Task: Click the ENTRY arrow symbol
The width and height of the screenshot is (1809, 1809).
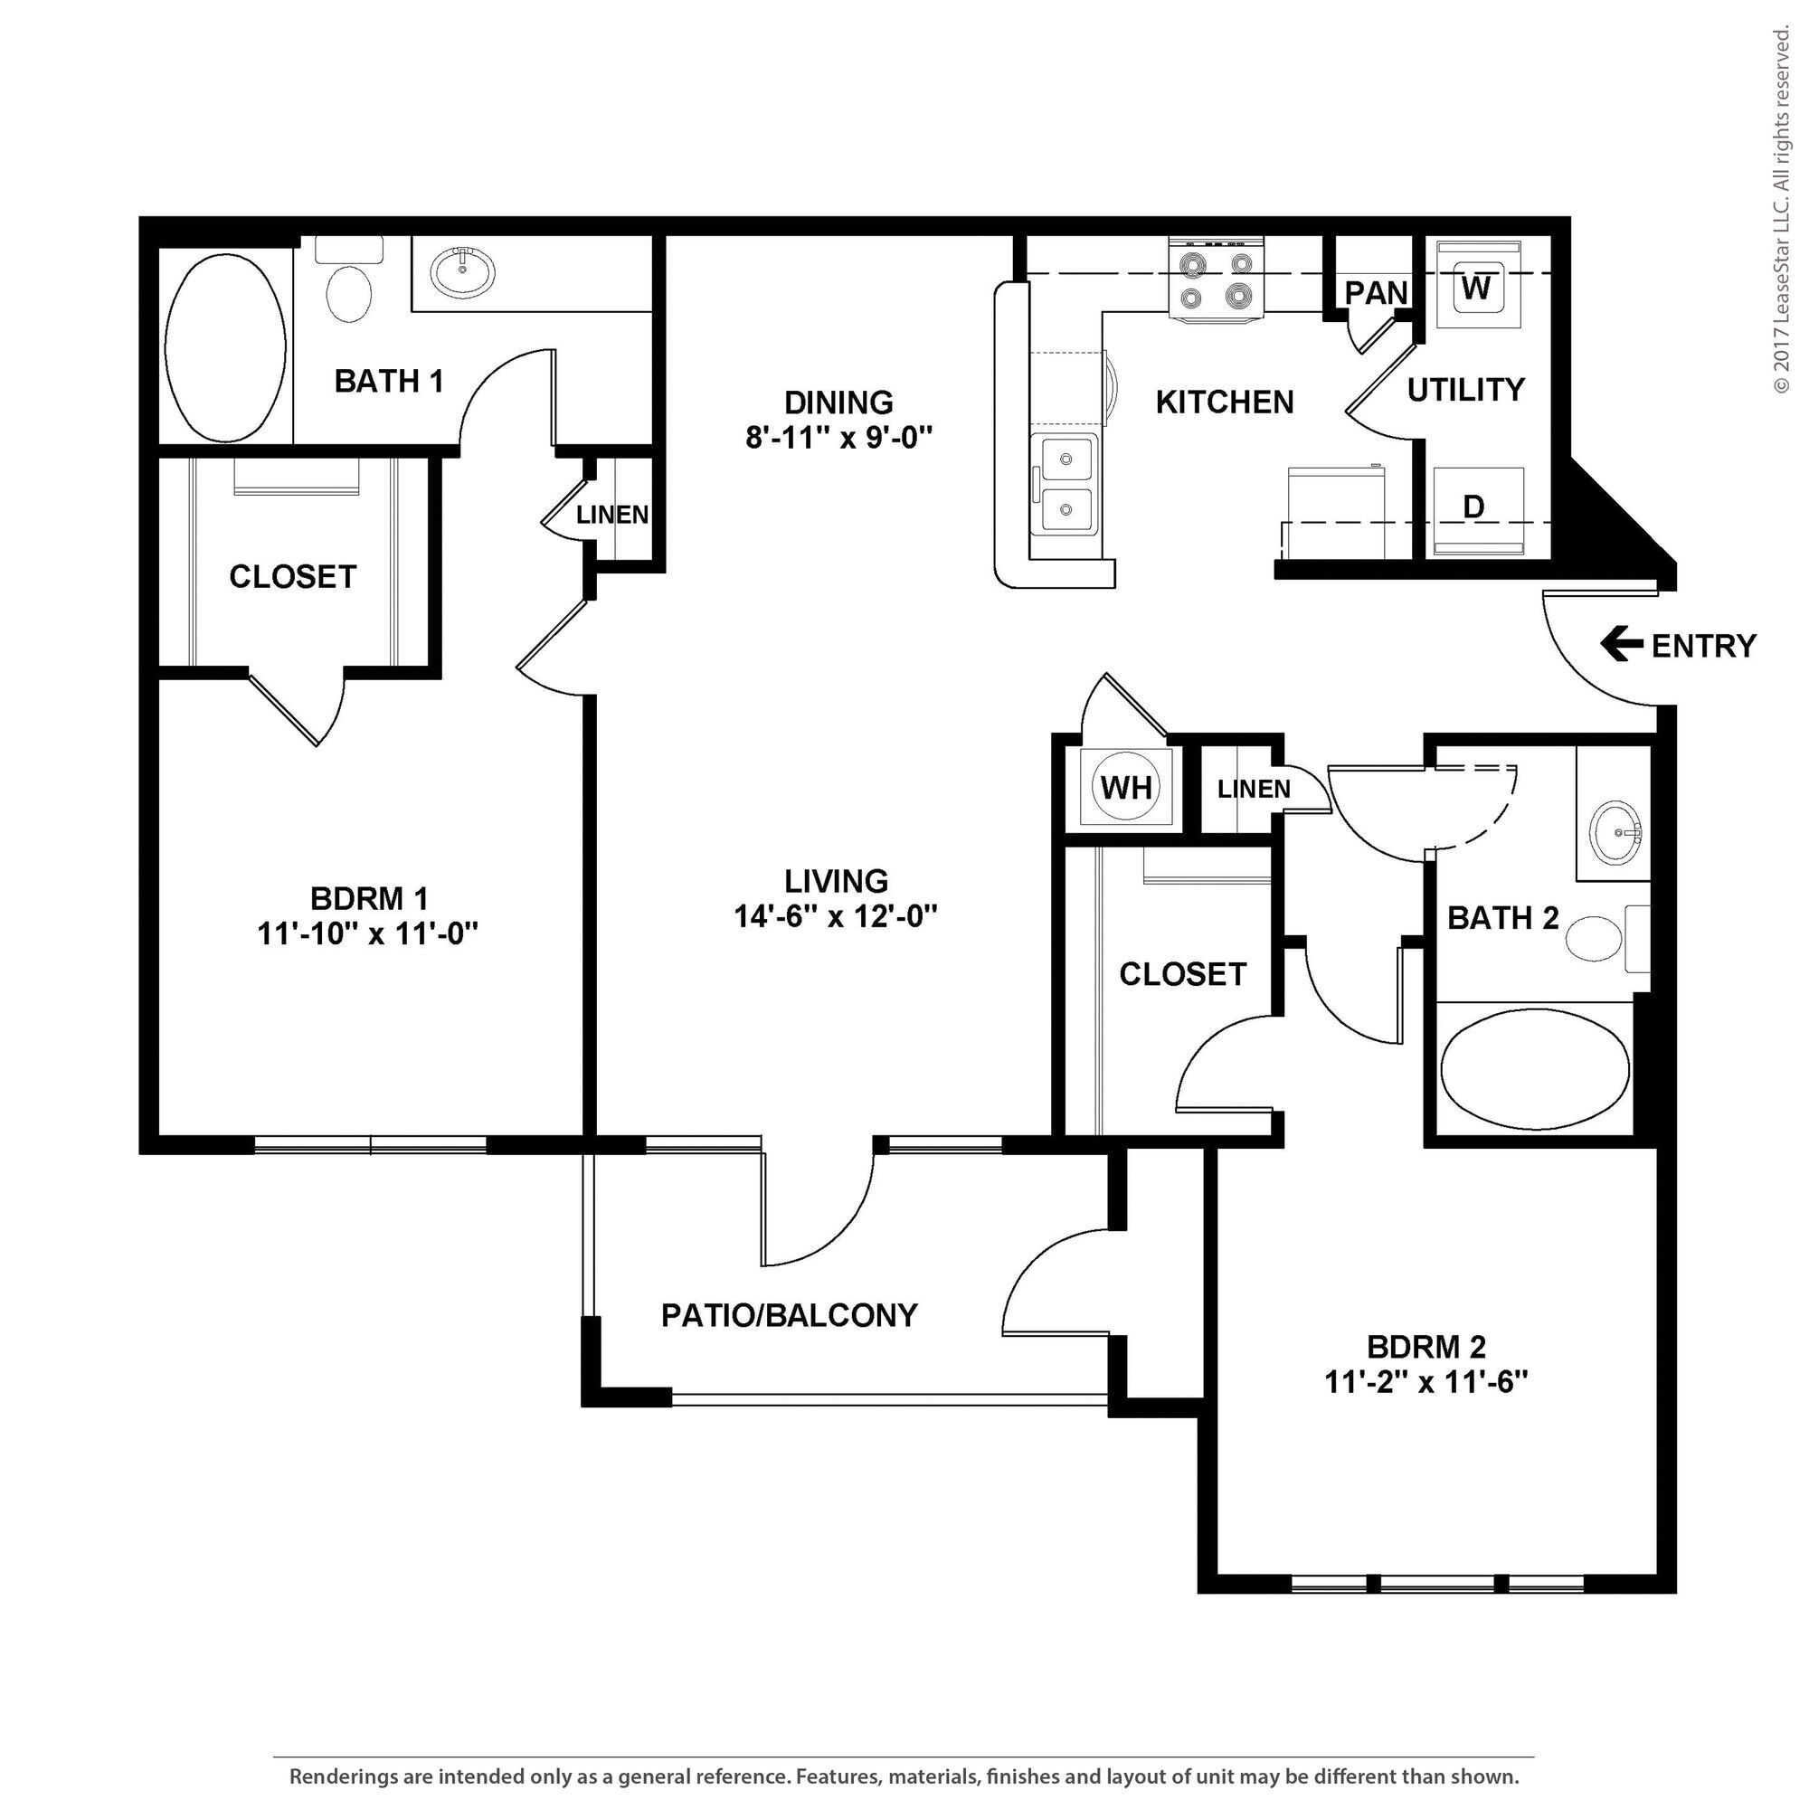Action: [x=1621, y=644]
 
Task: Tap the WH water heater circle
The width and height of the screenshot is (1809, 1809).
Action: [x=1125, y=788]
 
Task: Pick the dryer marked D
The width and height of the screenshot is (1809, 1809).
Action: [x=1473, y=507]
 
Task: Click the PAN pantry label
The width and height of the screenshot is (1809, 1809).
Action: [x=1376, y=293]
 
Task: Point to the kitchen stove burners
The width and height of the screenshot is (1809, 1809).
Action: [x=1217, y=280]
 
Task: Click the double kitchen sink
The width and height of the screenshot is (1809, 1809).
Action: [x=1065, y=484]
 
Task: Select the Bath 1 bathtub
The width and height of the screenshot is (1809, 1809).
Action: [x=225, y=346]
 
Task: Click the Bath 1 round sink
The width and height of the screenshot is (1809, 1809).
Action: [x=462, y=271]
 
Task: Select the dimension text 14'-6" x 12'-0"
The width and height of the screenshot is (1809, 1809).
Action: [x=835, y=915]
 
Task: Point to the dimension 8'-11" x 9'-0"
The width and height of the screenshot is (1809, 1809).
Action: [x=839, y=437]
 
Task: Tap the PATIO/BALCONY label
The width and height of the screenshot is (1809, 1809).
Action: [x=789, y=1315]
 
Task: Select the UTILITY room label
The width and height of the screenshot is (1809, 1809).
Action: [x=1465, y=390]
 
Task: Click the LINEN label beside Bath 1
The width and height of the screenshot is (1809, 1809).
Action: [x=612, y=514]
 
